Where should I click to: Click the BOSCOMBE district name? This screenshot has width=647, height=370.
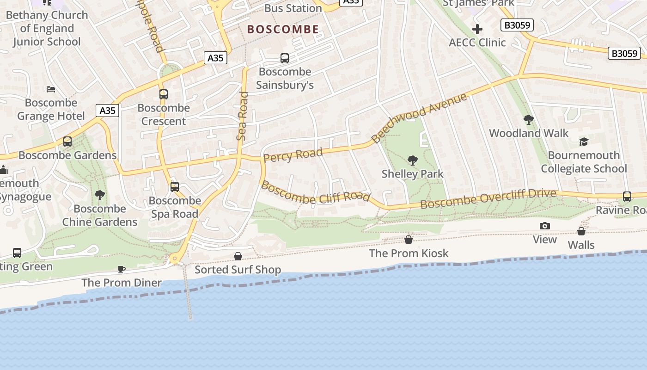[x=283, y=30]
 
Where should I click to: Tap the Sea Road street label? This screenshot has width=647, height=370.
[x=242, y=116]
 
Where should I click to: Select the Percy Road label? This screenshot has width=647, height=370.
[x=293, y=155]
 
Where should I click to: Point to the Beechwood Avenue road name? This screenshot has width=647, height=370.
[x=419, y=118]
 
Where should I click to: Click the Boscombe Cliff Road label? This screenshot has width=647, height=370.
[x=316, y=192]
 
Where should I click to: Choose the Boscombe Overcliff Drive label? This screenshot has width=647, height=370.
[x=488, y=198]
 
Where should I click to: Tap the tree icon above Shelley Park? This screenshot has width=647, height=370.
[x=413, y=160]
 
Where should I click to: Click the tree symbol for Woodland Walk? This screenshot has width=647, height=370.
[x=528, y=120]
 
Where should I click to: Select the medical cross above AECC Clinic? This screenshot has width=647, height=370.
[x=477, y=30]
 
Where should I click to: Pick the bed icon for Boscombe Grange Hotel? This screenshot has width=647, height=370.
[x=51, y=89]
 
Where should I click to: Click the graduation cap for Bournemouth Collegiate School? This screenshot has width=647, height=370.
[x=584, y=142]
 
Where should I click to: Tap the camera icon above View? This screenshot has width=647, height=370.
[x=545, y=226]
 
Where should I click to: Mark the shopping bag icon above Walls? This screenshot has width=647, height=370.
[x=581, y=231]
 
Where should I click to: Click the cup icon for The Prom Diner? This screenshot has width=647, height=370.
[x=122, y=269]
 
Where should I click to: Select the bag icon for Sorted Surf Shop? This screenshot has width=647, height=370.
[x=238, y=256]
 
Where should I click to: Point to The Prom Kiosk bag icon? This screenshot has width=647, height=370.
[x=409, y=239]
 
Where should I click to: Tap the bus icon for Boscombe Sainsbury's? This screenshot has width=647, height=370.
[x=285, y=58]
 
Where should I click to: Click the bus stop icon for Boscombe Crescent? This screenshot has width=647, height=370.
[x=163, y=94]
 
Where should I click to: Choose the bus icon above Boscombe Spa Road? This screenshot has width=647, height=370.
[x=174, y=187]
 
